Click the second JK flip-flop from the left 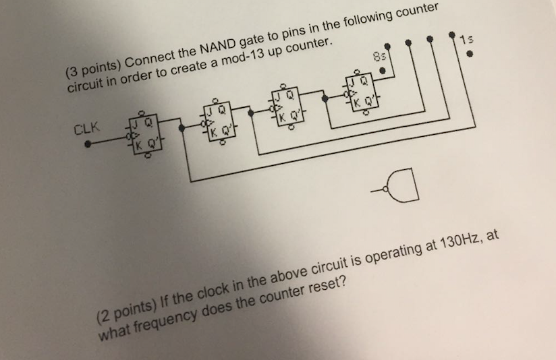(219, 120)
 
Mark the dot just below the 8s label (382, 69)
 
